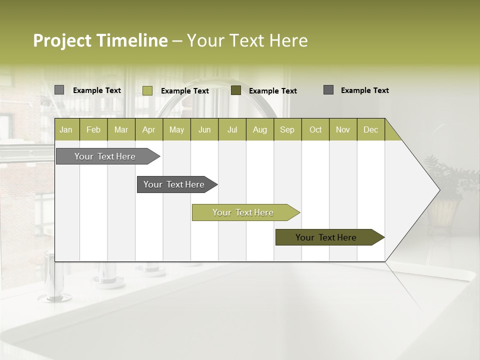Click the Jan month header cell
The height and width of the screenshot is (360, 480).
coord(66,129)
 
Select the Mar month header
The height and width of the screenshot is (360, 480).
coord(121,129)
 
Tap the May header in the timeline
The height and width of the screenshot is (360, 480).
coord(176,129)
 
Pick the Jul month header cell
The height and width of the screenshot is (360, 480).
coord(232,129)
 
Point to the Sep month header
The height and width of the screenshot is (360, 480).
coord(287,129)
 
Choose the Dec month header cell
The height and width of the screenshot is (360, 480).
coord(370,129)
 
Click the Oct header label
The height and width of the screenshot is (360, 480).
coord(315,129)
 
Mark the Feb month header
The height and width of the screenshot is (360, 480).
coord(93,129)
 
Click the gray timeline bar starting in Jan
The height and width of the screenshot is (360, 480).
coord(105,156)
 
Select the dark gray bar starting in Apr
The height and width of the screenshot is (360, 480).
coord(174,184)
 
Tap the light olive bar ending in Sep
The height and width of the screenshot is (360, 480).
coord(243,212)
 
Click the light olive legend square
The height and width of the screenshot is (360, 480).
coord(147,90)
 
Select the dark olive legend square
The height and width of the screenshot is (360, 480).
coord(236,90)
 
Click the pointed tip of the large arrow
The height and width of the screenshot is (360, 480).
coord(439,190)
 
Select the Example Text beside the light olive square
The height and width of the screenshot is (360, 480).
coord(185,91)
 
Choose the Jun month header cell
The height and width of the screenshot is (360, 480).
coord(204,129)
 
